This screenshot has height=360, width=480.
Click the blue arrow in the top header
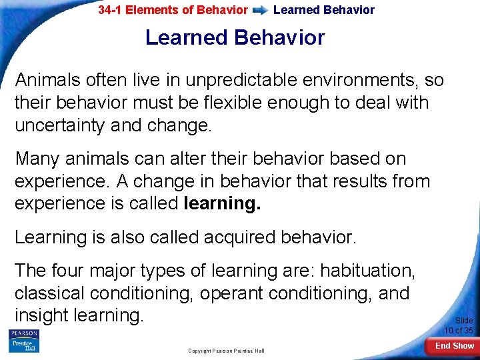coord(261,11)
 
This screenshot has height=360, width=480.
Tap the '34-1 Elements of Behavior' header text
coord(173,11)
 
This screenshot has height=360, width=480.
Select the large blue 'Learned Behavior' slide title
coord(235,38)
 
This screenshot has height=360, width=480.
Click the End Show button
coord(454,346)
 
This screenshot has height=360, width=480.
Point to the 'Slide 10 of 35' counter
coord(459,325)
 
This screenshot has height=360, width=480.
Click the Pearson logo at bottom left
coord(23,333)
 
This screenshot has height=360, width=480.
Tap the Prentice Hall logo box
coord(23,345)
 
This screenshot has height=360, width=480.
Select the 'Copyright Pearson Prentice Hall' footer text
coord(226,351)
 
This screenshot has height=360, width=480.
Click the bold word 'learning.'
coord(221,203)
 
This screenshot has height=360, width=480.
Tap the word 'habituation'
coord(367,271)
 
